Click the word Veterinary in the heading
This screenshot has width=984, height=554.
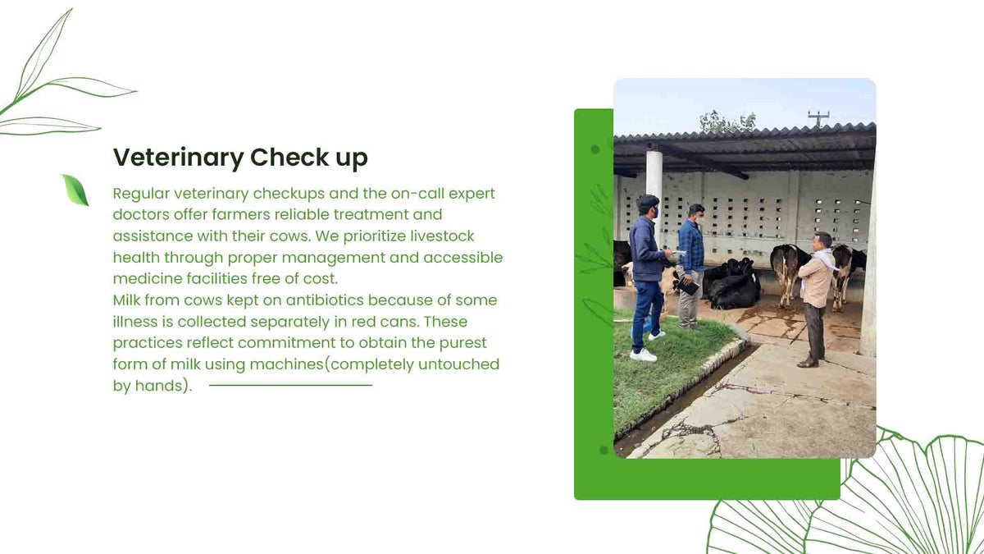(x=179, y=158)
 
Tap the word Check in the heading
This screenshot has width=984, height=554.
(x=289, y=157)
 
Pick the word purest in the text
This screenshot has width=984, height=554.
(x=463, y=343)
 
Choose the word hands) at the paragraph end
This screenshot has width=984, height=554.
(x=163, y=386)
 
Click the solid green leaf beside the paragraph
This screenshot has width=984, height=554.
(x=75, y=190)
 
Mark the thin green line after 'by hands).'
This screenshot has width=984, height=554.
(x=290, y=385)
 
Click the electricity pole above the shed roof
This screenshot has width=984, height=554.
(x=818, y=118)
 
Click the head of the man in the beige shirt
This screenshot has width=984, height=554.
(x=822, y=240)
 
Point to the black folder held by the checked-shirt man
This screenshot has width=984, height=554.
(x=687, y=286)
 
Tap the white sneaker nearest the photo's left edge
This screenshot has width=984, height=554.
(x=644, y=355)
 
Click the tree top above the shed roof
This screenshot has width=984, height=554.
(x=727, y=121)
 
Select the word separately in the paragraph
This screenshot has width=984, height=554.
(x=290, y=323)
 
